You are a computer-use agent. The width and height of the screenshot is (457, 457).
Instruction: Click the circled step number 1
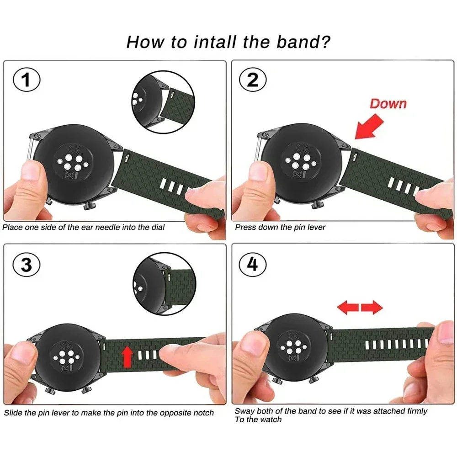(x=27, y=81)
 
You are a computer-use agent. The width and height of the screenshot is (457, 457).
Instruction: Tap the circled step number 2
(x=253, y=81)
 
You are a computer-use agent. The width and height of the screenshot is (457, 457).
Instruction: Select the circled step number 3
(x=27, y=265)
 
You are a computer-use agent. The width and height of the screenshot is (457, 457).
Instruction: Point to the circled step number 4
(x=253, y=265)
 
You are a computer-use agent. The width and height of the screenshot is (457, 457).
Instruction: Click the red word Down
(x=388, y=103)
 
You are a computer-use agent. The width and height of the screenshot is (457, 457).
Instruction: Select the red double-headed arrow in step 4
(x=360, y=308)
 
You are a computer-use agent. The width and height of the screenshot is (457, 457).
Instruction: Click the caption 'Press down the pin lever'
(x=280, y=227)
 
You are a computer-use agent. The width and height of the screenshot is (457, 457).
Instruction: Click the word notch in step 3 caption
(x=203, y=413)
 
